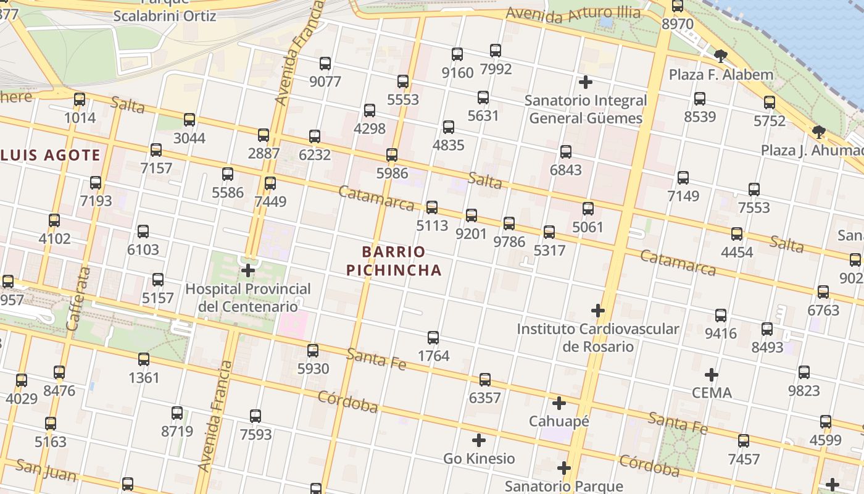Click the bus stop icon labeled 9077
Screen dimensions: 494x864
(x=325, y=63)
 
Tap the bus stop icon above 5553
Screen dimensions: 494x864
(x=403, y=81)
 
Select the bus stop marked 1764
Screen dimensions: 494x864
(x=433, y=337)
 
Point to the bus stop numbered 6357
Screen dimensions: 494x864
(x=485, y=379)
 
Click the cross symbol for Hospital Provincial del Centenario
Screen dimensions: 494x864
(x=248, y=270)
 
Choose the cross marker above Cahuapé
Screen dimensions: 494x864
(x=559, y=403)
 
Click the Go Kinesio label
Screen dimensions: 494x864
(x=479, y=458)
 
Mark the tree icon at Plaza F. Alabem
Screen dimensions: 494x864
(x=720, y=57)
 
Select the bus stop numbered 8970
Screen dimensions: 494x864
(x=678, y=6)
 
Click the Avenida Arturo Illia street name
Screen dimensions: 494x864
(x=575, y=17)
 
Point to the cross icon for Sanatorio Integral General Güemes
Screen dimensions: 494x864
(x=586, y=82)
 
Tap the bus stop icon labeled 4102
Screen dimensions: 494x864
(x=54, y=220)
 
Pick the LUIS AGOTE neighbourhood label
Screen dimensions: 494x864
(x=51, y=155)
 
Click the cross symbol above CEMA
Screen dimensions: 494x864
(x=712, y=374)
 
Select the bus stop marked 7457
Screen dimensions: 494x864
(x=744, y=440)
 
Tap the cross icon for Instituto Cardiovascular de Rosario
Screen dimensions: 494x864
(x=598, y=310)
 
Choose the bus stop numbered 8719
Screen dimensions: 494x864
(x=177, y=412)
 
